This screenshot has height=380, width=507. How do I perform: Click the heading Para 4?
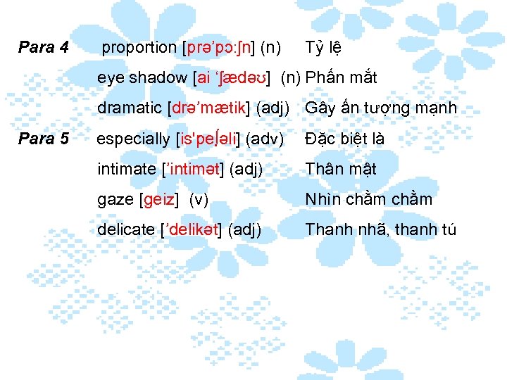tap(43, 48)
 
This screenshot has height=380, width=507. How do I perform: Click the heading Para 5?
tap(43, 139)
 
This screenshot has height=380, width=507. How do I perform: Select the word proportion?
tap(139, 49)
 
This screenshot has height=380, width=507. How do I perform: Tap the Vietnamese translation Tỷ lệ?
tap(323, 49)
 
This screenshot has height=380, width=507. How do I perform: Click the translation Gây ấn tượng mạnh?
tap(381, 108)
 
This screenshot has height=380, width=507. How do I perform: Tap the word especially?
tap(132, 139)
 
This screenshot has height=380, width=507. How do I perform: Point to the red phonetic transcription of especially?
tap(209, 139)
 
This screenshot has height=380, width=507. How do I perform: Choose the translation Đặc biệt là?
tap(344, 139)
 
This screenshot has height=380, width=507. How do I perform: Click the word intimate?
tap(126, 169)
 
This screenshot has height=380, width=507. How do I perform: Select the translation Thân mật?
tap(341, 169)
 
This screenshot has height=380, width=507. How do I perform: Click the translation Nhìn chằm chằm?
tap(368, 200)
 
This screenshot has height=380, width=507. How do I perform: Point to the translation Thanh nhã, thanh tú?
tap(381, 229)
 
